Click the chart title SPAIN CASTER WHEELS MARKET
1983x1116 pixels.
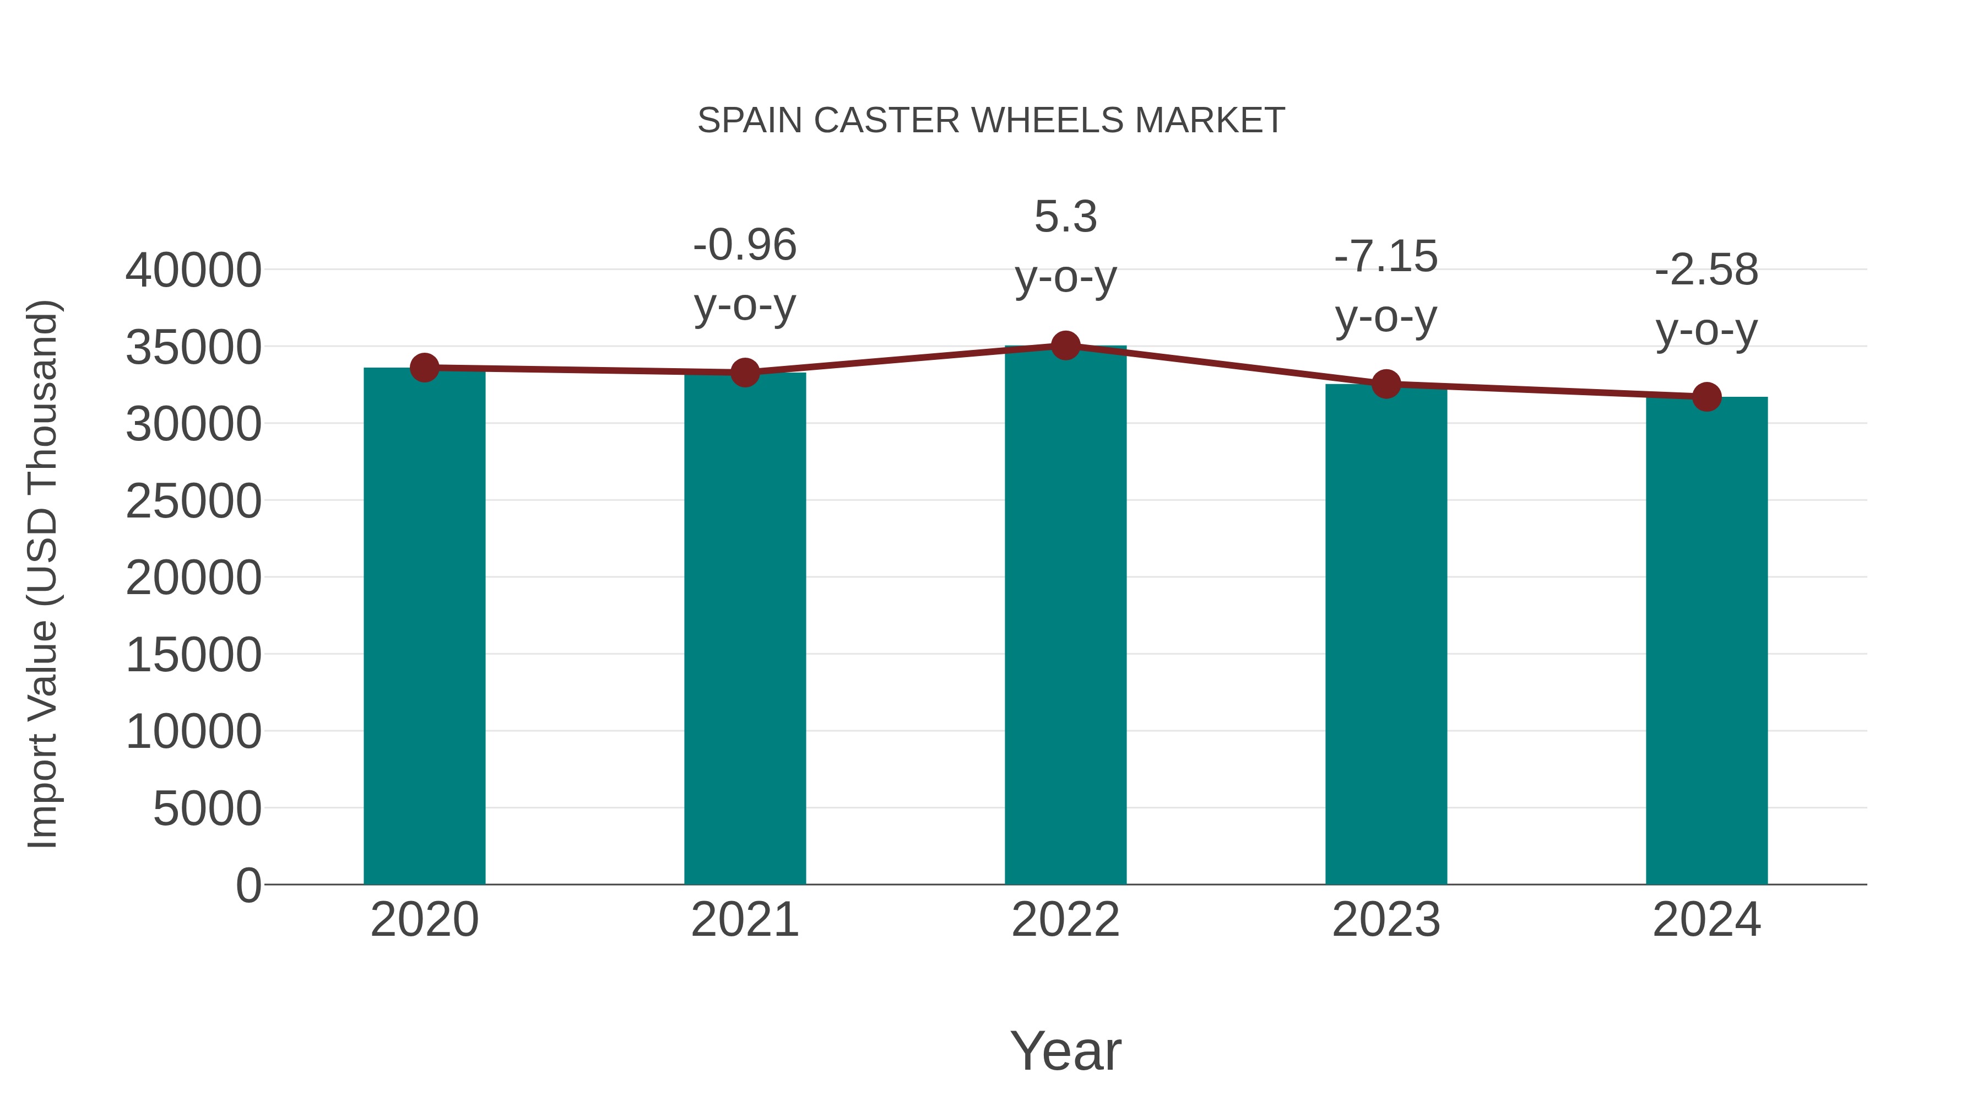(x=991, y=121)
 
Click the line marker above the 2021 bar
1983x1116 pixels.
(x=744, y=373)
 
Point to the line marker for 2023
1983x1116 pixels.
(x=1386, y=384)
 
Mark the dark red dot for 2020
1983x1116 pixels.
(x=424, y=368)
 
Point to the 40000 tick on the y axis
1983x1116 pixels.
(x=193, y=271)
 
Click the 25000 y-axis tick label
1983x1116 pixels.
(x=193, y=502)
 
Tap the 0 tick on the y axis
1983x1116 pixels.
(x=248, y=885)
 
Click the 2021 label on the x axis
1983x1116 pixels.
(x=744, y=920)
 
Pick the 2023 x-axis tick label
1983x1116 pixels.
(x=1386, y=920)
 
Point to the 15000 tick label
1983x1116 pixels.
(x=193, y=655)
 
